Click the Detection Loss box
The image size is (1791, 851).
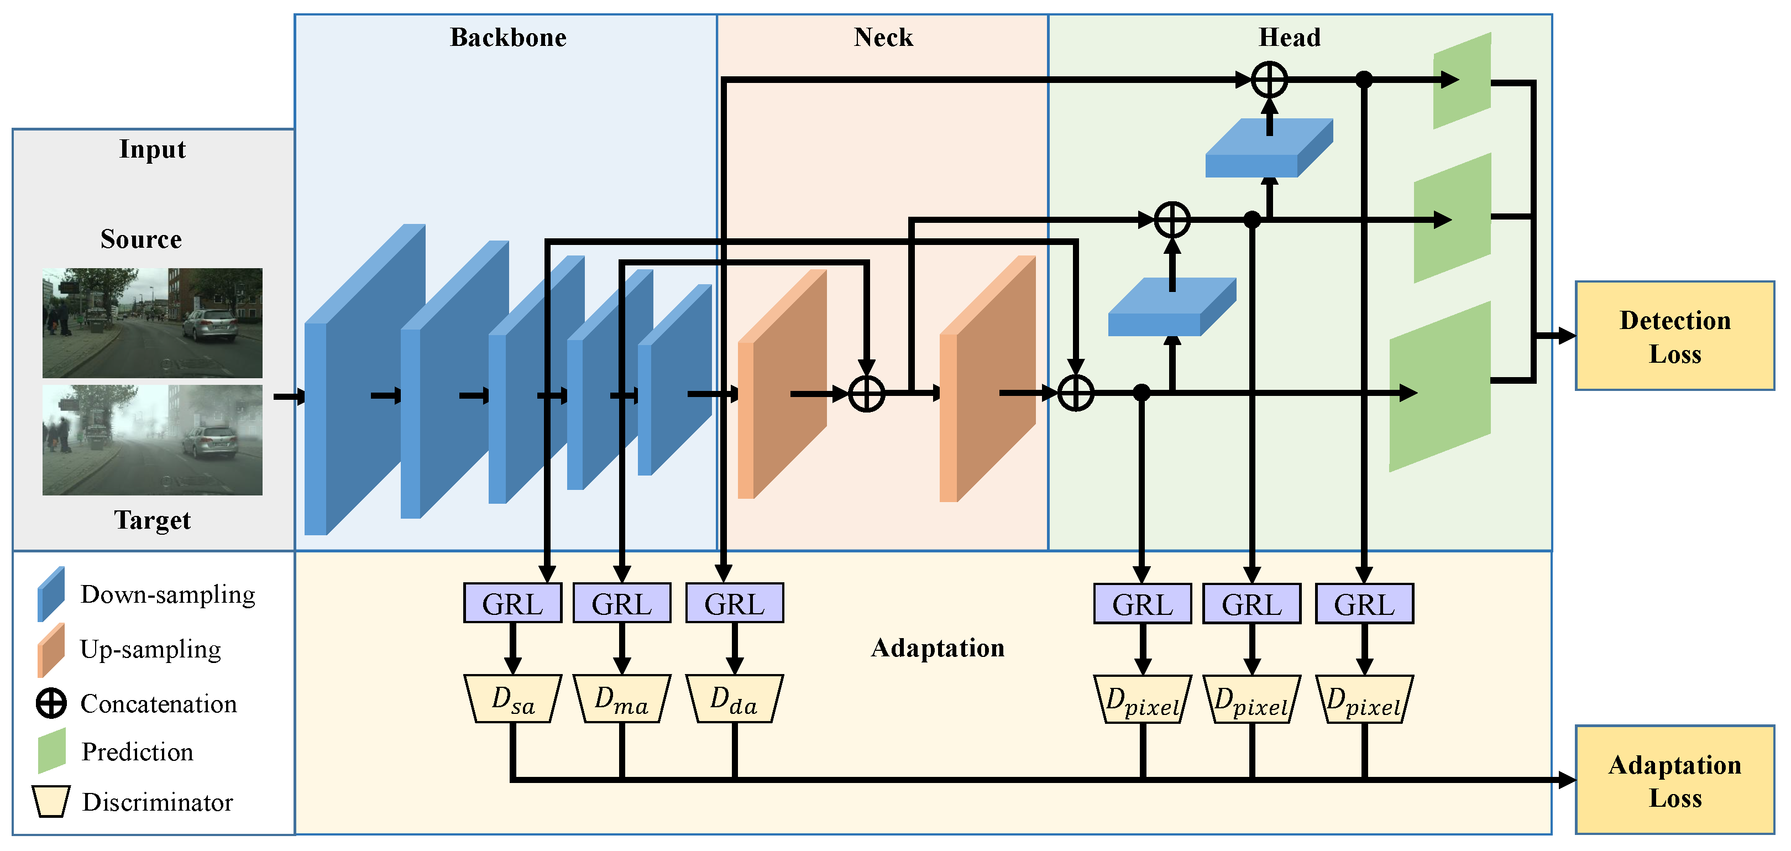pyautogui.click(x=1674, y=336)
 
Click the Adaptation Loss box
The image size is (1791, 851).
pyautogui.click(x=1674, y=780)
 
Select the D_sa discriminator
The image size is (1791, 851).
pyautogui.click(x=512, y=699)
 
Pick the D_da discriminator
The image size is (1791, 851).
pyautogui.click(x=734, y=699)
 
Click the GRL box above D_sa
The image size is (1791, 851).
pyautogui.click(x=512, y=603)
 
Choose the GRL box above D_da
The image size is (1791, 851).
pyautogui.click(x=734, y=603)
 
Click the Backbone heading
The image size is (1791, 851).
pyautogui.click(x=508, y=38)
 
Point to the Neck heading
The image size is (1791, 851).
pyautogui.click(x=883, y=38)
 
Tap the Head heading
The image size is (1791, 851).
pyautogui.click(x=1290, y=38)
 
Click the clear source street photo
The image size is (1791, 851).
pyautogui.click(x=152, y=323)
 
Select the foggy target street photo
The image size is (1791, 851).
pyautogui.click(x=152, y=440)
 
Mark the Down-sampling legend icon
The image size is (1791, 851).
pyautogui.click(x=51, y=594)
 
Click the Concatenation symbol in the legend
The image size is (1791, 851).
pyautogui.click(x=51, y=703)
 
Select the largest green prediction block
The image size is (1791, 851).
pyautogui.click(x=1440, y=387)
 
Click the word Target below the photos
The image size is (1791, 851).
pyautogui.click(x=152, y=520)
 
